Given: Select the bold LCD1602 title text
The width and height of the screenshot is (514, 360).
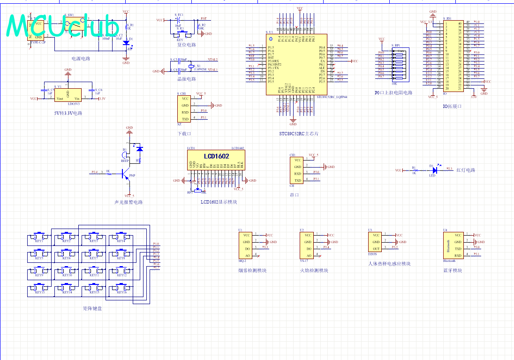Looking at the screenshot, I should [x=216, y=156].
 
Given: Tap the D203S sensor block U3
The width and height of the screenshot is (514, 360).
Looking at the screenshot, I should [x=376, y=242].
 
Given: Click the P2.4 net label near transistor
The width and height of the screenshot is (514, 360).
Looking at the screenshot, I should [x=95, y=172].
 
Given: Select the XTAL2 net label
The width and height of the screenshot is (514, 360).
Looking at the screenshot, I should [x=212, y=60].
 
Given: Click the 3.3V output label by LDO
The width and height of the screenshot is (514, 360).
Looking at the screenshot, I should [x=102, y=99].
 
